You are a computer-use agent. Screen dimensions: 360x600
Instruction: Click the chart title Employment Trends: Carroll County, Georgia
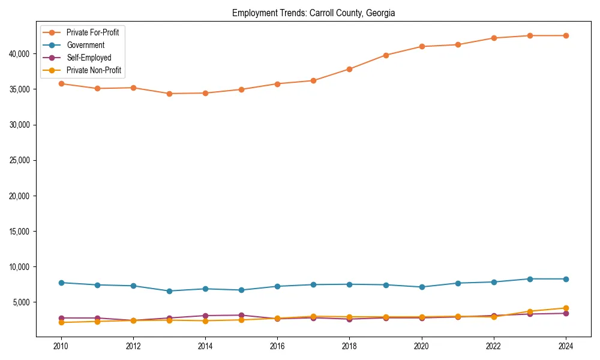(x=313, y=13)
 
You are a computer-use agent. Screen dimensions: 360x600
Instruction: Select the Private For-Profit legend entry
(x=92, y=32)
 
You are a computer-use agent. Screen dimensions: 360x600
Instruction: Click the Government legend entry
(x=85, y=45)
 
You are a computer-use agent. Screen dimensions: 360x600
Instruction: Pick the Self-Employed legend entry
(x=89, y=58)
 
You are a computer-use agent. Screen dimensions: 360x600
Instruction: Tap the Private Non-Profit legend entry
(x=94, y=70)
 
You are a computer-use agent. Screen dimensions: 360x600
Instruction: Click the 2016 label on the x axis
(x=277, y=346)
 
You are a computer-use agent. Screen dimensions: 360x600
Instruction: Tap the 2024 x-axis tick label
(x=566, y=346)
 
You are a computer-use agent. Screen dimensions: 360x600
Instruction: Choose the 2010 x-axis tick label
(x=61, y=346)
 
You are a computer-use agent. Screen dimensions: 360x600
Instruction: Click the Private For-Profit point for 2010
(x=61, y=83)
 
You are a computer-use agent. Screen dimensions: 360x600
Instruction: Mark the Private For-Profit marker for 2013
(x=169, y=94)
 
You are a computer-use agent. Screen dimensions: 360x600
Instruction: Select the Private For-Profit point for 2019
(x=386, y=55)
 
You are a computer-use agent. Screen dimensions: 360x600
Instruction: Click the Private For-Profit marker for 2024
(x=566, y=35)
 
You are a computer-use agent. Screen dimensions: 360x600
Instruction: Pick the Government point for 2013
(x=169, y=291)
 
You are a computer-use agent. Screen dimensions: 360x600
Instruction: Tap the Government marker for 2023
(x=530, y=279)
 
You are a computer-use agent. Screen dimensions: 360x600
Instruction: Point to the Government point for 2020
(x=422, y=287)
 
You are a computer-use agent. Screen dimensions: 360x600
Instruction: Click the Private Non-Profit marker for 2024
(x=566, y=308)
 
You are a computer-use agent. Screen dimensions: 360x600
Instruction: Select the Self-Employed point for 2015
(x=241, y=315)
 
